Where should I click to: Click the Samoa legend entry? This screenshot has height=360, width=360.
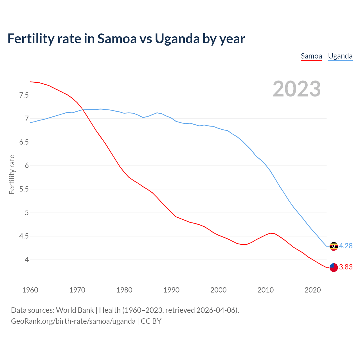point(311,56)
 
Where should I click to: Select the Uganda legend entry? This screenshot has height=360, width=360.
point(340,56)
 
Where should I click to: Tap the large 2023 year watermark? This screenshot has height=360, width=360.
point(297,89)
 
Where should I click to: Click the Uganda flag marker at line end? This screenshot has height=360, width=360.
point(334,246)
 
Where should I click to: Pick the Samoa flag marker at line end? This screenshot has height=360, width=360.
point(334,267)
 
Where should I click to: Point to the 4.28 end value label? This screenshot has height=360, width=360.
point(346,246)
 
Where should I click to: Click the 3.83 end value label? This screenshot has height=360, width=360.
point(346,267)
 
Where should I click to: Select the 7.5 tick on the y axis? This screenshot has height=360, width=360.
point(24,95)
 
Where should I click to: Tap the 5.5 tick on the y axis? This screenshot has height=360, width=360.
point(24,189)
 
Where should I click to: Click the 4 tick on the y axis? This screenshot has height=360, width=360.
point(27,260)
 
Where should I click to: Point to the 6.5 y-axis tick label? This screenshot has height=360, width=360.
point(24,142)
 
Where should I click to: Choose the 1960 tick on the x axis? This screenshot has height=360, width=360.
point(30,290)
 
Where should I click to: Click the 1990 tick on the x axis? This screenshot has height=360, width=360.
point(171,290)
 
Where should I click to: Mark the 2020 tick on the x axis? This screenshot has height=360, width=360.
point(312,290)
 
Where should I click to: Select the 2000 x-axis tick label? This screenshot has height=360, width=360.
point(218,290)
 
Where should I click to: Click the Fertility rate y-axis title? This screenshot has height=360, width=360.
point(12,174)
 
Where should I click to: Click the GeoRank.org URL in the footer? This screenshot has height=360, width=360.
point(73,321)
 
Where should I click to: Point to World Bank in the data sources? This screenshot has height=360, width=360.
point(75,310)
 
